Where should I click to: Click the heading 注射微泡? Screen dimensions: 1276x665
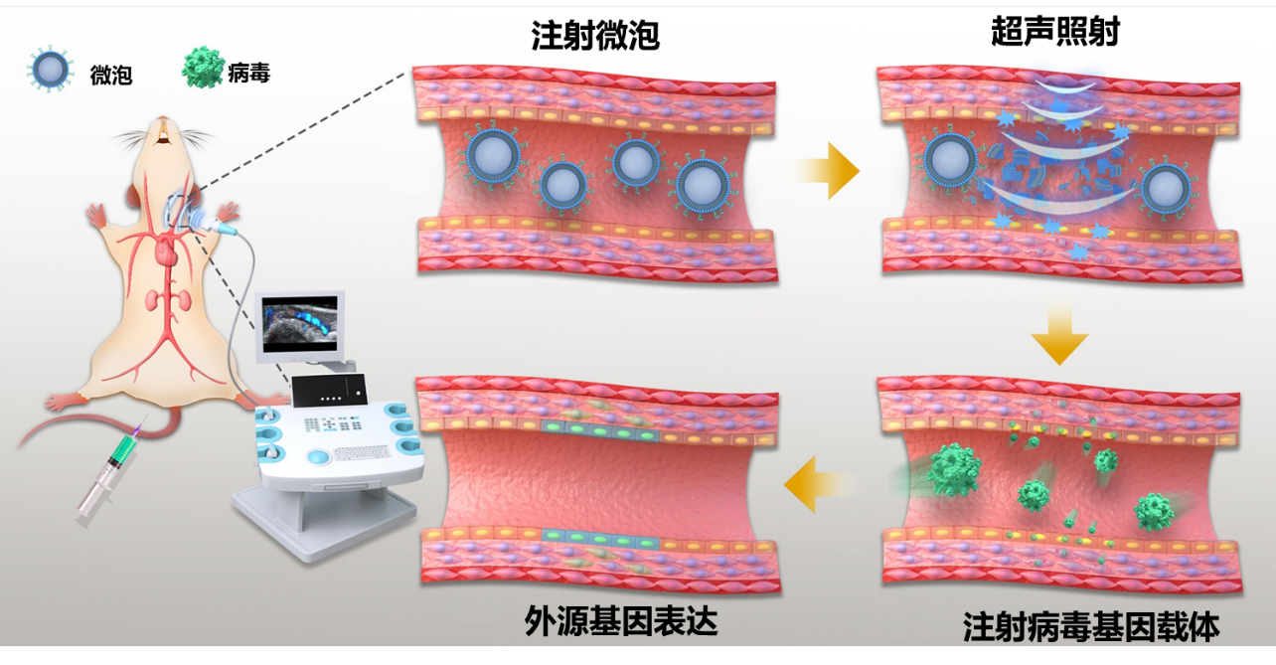point(595,37)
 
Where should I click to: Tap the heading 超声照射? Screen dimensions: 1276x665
point(1054,32)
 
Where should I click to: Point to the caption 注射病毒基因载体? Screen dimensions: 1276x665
point(1090,627)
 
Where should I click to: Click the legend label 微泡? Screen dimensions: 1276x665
point(110,75)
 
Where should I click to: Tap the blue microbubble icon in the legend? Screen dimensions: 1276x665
point(51,71)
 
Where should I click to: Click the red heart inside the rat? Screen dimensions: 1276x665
point(163,252)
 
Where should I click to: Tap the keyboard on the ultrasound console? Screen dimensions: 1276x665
point(359,452)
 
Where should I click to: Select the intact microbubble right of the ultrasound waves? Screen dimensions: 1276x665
point(1167,188)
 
